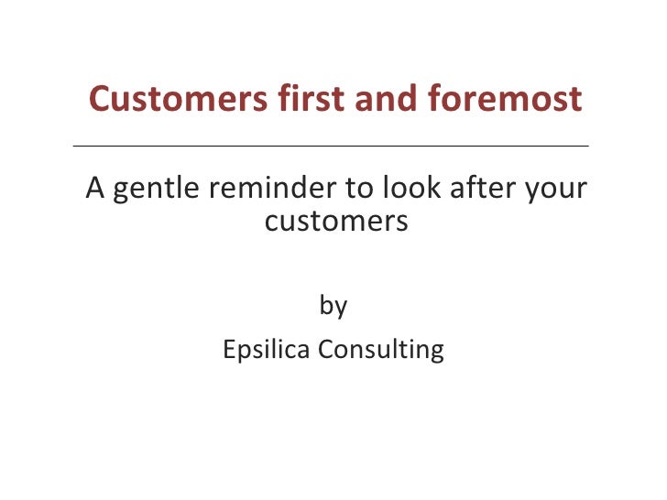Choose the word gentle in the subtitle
coord(156,190)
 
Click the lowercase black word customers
coord(335,221)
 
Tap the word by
coord(333,306)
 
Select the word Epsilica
coord(268,350)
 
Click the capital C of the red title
coord(100,98)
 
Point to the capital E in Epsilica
coord(228,349)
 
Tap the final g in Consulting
coord(437,353)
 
